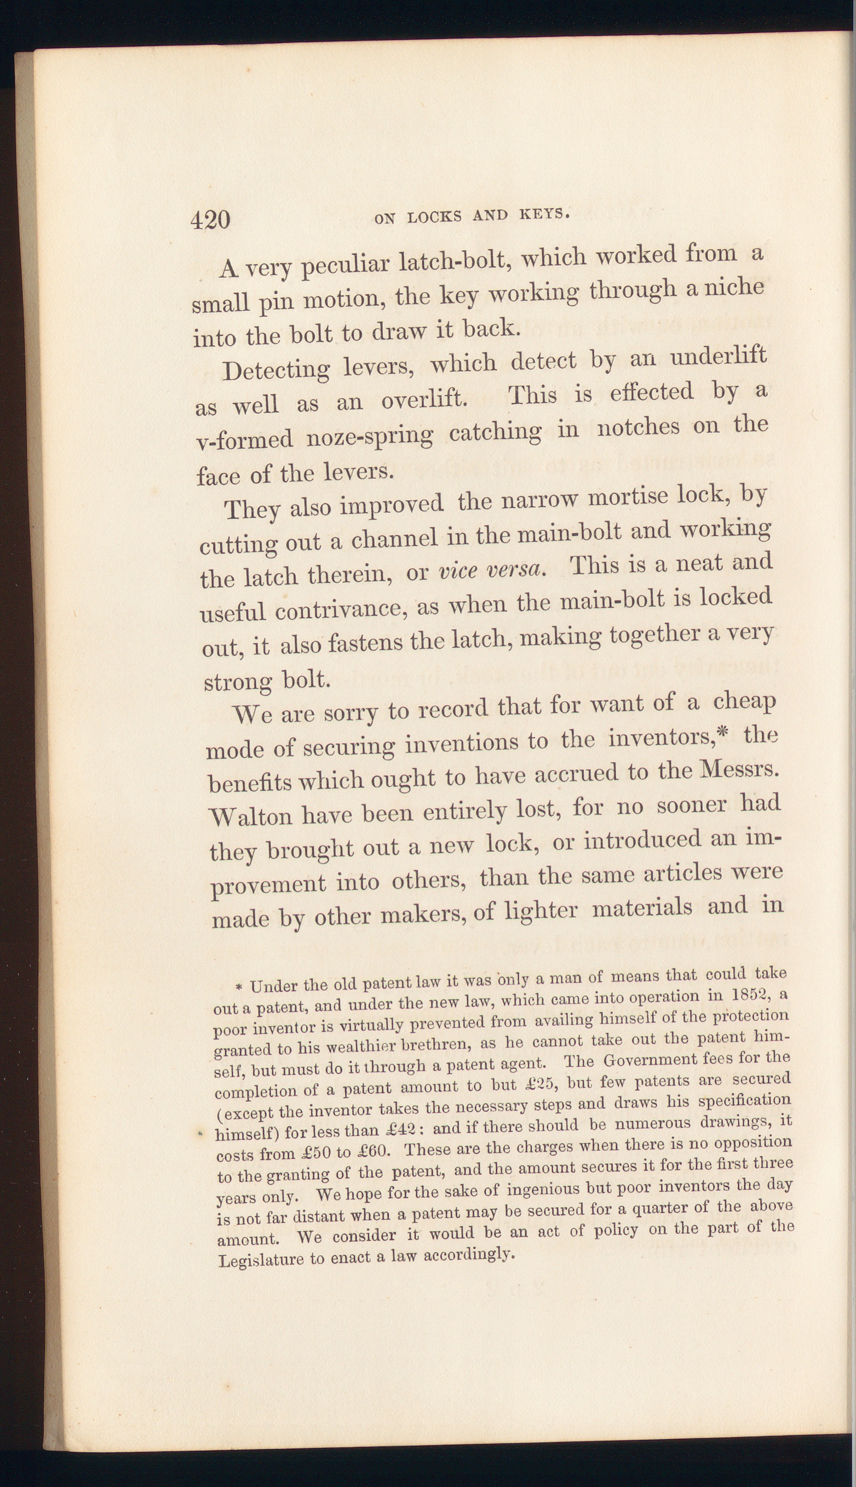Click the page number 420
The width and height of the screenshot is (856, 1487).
click(210, 220)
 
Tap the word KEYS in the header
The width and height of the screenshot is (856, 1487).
click(544, 215)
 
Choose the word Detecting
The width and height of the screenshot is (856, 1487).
click(277, 370)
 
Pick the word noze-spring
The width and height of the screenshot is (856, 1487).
click(368, 436)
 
